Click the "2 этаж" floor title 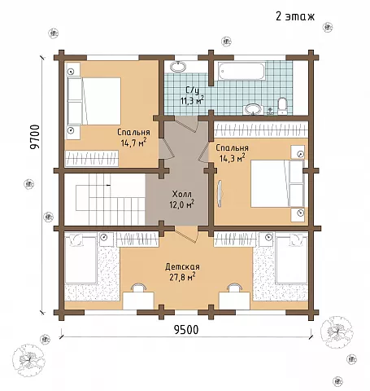295,16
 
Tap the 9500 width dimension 186,330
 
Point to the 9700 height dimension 35,137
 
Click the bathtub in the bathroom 241,72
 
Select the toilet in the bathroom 282,106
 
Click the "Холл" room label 182,194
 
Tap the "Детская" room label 182,267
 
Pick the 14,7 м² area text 134,143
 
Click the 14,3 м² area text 233,158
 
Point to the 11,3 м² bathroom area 193,100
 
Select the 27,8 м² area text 182,277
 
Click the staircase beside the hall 104,200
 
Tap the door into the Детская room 186,234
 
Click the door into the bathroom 186,123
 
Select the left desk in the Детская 138,301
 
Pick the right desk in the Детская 234,301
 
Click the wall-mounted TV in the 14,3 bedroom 220,194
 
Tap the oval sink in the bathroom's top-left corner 178,66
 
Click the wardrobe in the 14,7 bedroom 92,159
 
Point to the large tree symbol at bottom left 29,359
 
